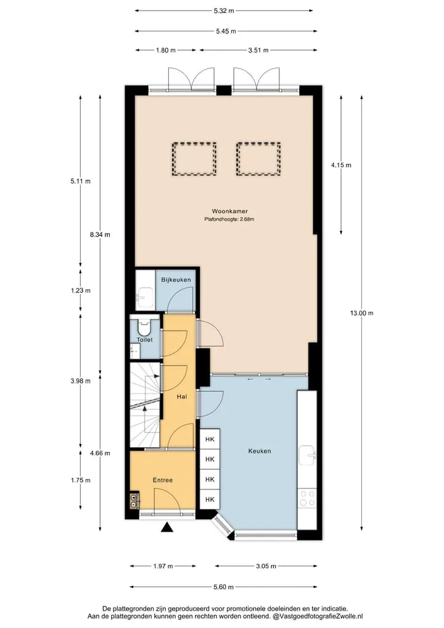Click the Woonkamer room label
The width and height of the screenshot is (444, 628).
pos(229,211)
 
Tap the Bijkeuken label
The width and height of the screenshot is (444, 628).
pos(176,280)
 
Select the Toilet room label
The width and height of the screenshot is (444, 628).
pos(144,340)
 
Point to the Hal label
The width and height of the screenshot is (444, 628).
pos(181,396)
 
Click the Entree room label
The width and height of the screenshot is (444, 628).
pos(162,480)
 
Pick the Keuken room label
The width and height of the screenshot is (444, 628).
pos(260,451)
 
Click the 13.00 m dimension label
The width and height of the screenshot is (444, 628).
pos(361,313)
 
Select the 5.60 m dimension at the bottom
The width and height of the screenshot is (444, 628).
pos(224,587)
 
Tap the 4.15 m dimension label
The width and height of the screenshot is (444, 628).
pos(341,165)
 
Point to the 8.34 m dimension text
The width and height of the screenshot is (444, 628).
pos(100,235)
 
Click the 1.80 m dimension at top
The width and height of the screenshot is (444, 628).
pos(166,50)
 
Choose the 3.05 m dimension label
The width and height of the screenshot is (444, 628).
pos(266,566)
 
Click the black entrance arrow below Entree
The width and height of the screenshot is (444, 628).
pos(167,527)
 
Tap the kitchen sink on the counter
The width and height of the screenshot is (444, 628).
pos(307,455)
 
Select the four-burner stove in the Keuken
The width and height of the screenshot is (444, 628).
pos(307,498)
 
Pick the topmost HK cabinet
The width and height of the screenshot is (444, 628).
pos(210,439)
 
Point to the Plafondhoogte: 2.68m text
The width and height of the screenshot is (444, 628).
pos(229,219)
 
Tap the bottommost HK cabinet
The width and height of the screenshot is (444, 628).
pos(210,500)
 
